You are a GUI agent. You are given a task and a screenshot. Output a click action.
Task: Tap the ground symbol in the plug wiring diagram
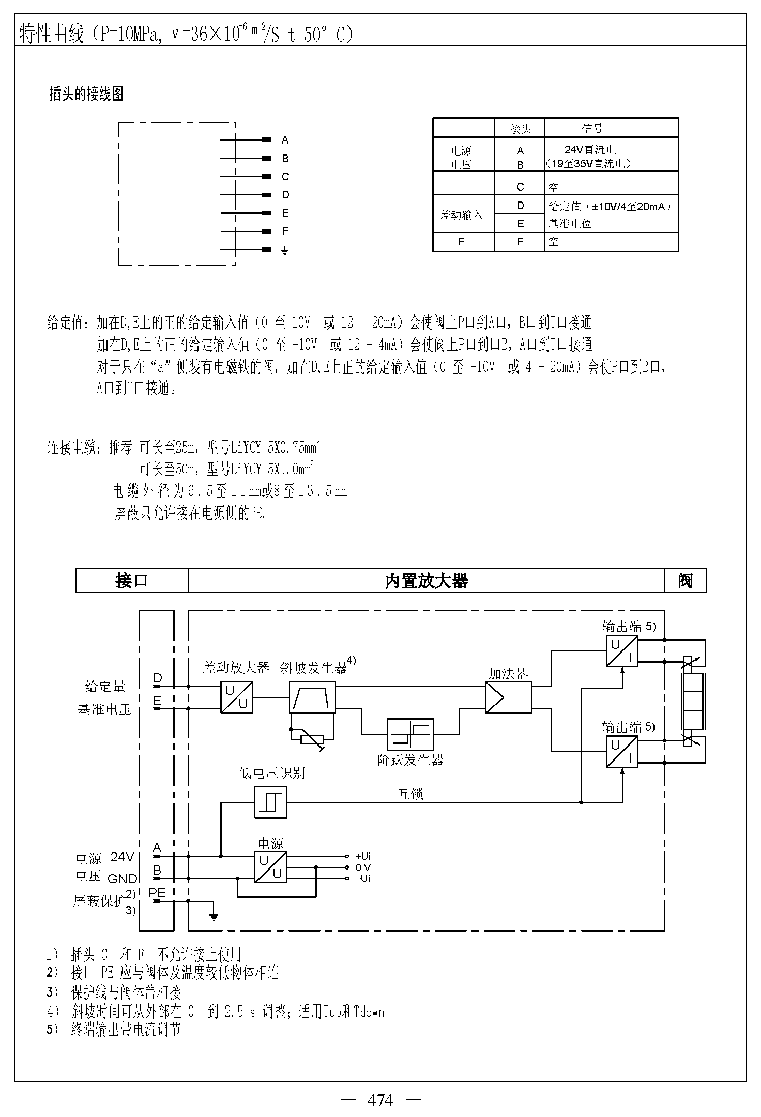(x=285, y=251)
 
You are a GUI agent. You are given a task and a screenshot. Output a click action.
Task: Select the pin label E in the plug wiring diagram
(x=285, y=213)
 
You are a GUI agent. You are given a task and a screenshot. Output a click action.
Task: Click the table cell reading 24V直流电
(x=590, y=150)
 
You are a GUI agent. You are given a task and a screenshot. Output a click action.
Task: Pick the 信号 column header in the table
(x=592, y=128)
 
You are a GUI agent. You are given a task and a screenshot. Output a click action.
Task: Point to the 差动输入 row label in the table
(x=461, y=214)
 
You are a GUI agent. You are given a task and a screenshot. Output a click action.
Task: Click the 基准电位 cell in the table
(x=570, y=224)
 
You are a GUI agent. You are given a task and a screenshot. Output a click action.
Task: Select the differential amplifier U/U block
(x=237, y=697)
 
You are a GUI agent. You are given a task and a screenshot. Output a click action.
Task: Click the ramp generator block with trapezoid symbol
(x=312, y=697)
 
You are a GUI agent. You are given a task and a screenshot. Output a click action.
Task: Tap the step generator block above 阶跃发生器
(x=410, y=734)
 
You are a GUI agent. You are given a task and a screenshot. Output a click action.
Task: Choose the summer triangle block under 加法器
(x=509, y=697)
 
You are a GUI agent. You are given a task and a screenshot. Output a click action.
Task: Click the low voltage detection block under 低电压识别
(x=270, y=802)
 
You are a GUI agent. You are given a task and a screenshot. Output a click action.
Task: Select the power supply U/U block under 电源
(x=270, y=867)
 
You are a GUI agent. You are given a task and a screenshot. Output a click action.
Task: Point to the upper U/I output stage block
(x=622, y=651)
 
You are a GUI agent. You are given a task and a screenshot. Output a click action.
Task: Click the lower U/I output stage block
(x=622, y=752)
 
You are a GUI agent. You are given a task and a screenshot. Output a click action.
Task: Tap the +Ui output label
(x=363, y=857)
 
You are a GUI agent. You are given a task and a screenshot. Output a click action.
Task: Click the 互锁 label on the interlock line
(x=410, y=794)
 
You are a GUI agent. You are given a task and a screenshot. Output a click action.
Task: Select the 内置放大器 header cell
(x=427, y=581)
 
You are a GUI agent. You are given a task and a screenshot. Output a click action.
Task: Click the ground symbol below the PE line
(x=213, y=917)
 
